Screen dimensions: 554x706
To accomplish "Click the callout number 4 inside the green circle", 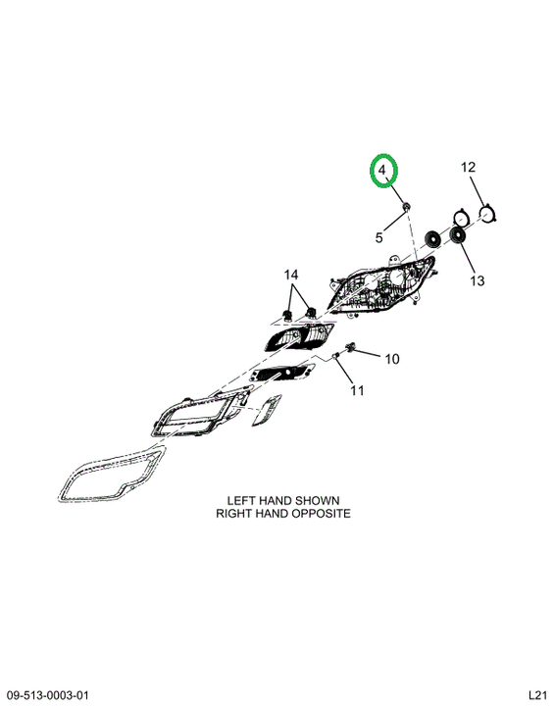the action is (382, 171).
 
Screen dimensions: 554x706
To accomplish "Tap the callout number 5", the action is (379, 237).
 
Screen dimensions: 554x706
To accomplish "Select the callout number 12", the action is (468, 168).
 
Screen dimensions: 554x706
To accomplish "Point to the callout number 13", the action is (477, 281).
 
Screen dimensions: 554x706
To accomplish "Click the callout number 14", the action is (291, 275).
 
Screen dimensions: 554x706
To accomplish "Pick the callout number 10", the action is (392, 359).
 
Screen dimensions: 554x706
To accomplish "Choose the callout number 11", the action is (357, 390).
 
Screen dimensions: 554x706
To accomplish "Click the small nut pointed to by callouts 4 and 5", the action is (406, 207).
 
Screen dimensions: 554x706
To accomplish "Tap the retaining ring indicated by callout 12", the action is (488, 215).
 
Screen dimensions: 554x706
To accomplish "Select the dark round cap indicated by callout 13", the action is (459, 236).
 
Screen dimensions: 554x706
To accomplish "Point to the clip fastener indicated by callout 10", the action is (350, 346).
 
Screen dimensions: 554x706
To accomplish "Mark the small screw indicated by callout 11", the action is (335, 357).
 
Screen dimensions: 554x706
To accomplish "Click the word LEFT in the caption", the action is (242, 501).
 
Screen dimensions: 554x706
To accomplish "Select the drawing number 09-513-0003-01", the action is (48, 695).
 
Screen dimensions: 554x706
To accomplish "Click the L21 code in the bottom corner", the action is (537, 695).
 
